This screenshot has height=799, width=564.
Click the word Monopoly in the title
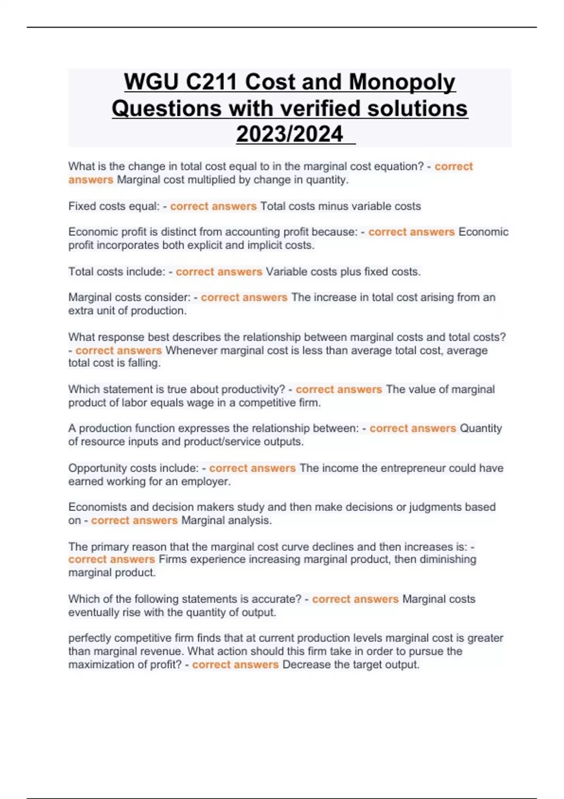[402, 82]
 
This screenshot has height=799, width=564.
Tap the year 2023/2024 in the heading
[290, 134]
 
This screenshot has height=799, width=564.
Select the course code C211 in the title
[211, 82]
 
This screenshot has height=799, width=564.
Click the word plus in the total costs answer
[338, 272]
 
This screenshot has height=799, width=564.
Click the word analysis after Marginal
[252, 520]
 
